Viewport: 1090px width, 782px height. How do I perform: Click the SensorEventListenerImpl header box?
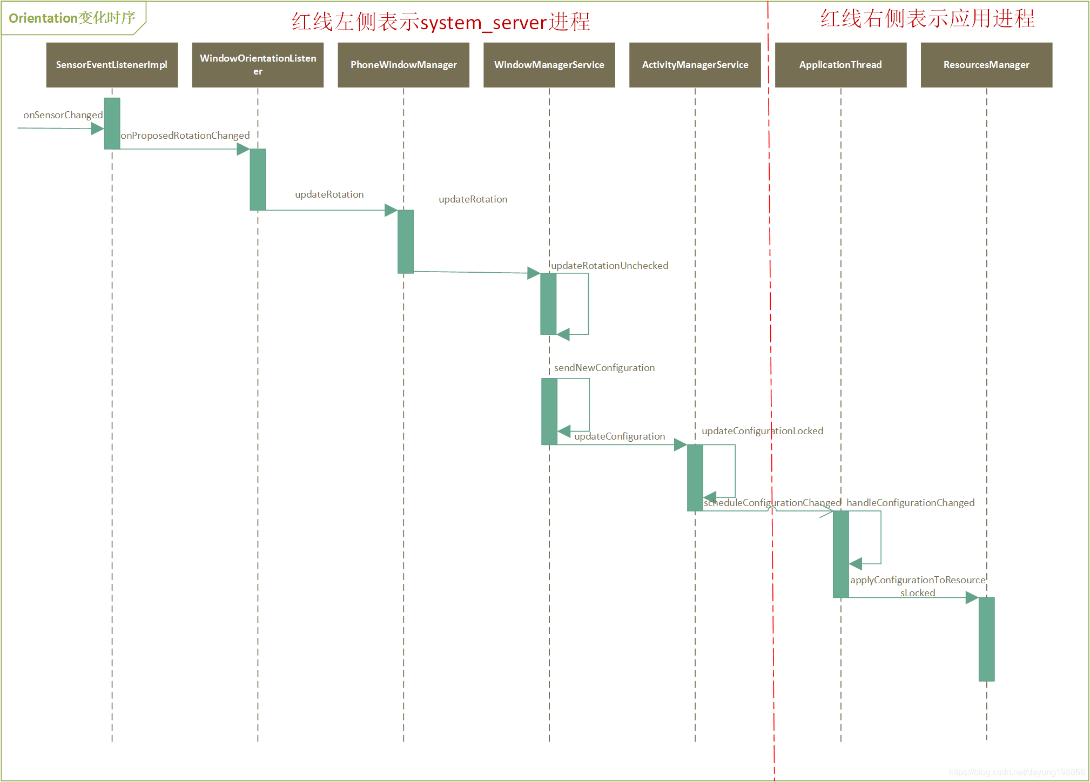(x=112, y=65)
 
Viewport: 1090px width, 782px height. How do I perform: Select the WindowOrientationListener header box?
(x=258, y=65)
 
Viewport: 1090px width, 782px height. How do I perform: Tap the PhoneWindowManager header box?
(x=403, y=65)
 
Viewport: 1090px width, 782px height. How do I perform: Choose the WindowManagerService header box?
(x=549, y=65)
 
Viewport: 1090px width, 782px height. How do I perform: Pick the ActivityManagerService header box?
(x=695, y=65)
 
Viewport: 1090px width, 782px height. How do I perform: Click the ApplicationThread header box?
(x=840, y=65)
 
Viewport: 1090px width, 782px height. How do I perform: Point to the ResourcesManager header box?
(x=986, y=65)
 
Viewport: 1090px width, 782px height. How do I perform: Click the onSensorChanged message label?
(x=63, y=115)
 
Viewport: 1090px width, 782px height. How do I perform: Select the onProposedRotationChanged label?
(x=185, y=136)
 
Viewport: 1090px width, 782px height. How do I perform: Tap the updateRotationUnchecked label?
(x=609, y=266)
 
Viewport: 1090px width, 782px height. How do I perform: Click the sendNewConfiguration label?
(x=604, y=368)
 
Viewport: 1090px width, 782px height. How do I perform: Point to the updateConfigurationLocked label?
(x=762, y=431)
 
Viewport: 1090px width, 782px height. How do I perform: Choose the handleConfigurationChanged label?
(x=910, y=503)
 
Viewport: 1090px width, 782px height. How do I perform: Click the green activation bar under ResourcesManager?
(x=986, y=639)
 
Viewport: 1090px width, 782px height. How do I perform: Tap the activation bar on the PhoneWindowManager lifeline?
(x=406, y=241)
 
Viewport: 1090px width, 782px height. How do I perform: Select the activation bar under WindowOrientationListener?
(x=258, y=179)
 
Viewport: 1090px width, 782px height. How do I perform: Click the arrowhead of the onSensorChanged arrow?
(x=97, y=129)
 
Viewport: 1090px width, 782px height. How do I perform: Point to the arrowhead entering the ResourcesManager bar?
(x=972, y=598)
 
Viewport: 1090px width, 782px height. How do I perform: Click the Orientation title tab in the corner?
(x=72, y=18)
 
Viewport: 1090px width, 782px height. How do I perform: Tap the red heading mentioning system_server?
(x=441, y=22)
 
